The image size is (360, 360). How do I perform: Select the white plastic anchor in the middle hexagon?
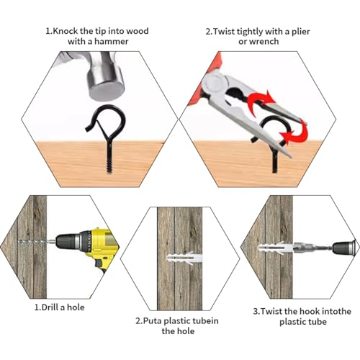coord(184,258)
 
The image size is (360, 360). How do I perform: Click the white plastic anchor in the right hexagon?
coord(276,248)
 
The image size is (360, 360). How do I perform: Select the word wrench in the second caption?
coord(264,42)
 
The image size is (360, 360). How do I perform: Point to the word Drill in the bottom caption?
coord(51,307)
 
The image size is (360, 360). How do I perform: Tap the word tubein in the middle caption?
coord(204,321)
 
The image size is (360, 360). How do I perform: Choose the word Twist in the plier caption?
coord(224,32)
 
